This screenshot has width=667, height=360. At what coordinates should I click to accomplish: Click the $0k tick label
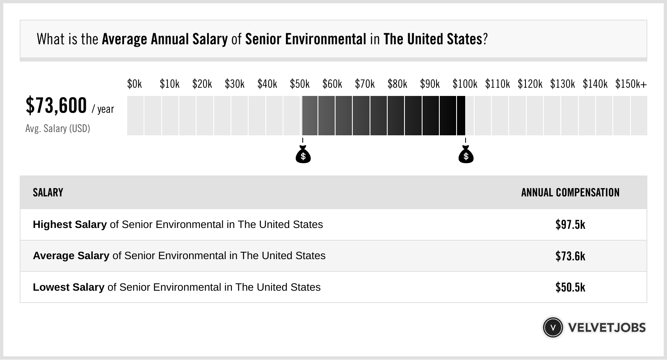point(135,84)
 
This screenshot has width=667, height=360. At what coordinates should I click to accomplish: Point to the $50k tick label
point(300,84)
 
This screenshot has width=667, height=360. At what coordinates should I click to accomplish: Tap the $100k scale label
point(465,84)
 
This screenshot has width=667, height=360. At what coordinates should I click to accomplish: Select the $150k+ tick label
point(631,84)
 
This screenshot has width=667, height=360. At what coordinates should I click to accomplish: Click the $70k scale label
point(365,84)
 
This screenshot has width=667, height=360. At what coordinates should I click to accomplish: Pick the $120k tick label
point(530,84)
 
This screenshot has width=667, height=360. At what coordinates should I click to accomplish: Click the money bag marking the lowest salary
point(303,155)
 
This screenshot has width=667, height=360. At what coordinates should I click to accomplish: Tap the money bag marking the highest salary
point(466,155)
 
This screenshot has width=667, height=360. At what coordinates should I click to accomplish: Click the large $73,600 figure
point(56,106)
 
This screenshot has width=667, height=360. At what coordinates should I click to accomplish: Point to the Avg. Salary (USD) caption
point(58,129)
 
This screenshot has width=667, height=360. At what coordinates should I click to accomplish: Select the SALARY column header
point(48,193)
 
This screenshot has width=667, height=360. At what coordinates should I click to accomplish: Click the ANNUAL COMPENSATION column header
point(570,193)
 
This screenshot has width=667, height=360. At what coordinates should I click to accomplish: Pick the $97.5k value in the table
point(570,225)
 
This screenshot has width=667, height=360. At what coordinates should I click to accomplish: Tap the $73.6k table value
point(570,256)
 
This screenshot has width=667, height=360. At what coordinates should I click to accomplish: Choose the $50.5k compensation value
point(570,287)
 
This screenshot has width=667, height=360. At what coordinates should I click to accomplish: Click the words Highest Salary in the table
point(70,225)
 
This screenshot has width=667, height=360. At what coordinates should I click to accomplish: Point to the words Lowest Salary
point(69,287)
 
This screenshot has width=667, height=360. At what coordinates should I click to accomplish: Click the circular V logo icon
point(553,328)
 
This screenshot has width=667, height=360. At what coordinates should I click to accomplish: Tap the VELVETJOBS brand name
point(607,328)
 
